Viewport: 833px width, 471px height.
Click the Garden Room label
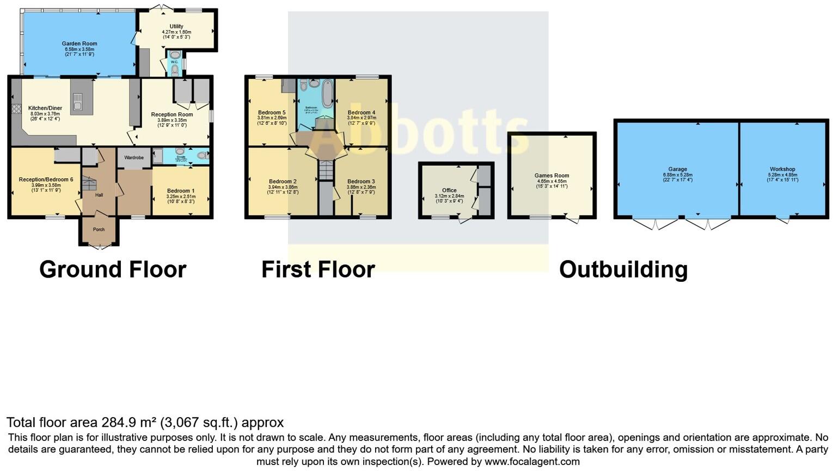(79, 44)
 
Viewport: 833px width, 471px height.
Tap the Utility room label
(176, 26)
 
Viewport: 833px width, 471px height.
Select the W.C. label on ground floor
(174, 62)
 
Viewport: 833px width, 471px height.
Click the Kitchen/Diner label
(45, 108)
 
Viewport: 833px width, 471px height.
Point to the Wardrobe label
(134, 158)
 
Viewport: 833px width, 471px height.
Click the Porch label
(99, 230)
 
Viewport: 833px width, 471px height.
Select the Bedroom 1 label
(181, 191)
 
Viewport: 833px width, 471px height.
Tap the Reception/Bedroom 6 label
(46, 179)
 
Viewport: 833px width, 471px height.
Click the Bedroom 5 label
(272, 113)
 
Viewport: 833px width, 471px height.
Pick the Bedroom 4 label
(362, 113)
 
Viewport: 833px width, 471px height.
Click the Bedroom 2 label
(283, 182)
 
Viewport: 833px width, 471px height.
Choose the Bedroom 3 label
(361, 182)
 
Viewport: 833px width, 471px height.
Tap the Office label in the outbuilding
(449, 190)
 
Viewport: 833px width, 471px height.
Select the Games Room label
(552, 176)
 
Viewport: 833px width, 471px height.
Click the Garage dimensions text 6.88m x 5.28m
(677, 174)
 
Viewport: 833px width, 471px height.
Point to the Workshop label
(782, 169)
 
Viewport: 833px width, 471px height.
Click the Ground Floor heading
(113, 269)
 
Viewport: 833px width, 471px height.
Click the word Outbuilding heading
(623, 269)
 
